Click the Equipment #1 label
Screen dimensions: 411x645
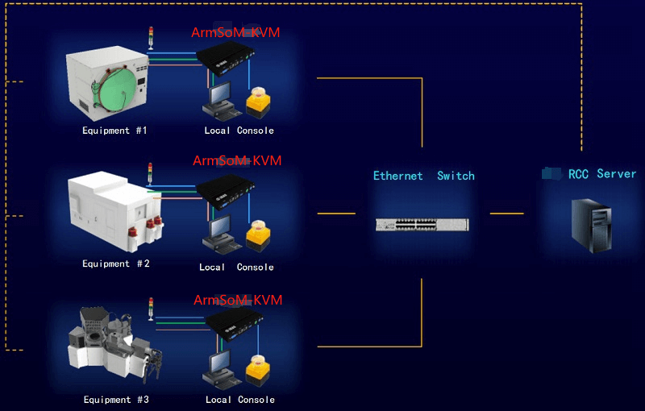114,131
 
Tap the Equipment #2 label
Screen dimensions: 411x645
116,264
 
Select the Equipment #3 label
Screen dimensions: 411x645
116,400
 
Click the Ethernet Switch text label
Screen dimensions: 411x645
423,176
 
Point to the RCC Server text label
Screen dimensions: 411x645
601,174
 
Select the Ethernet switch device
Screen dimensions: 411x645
422,224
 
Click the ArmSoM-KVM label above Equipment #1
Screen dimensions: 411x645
235,33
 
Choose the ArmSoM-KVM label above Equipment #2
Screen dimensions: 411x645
237,161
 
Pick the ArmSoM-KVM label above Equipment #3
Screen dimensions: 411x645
238,301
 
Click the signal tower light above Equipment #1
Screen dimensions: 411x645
150,37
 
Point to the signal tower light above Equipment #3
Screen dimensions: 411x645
151,306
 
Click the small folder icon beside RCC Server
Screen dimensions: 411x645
551,173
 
